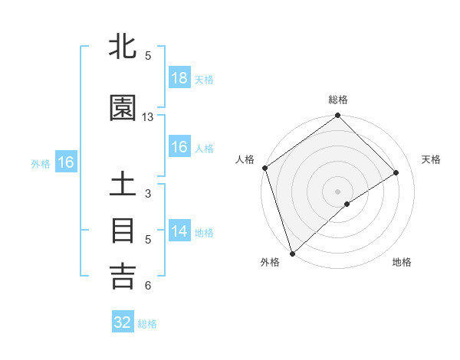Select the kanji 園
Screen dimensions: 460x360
point(123,109)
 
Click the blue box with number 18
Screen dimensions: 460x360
point(179,78)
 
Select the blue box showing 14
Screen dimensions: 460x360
point(179,231)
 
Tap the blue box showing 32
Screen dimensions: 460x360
point(123,322)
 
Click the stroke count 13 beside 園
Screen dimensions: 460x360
point(148,117)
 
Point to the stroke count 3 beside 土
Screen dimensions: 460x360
point(148,194)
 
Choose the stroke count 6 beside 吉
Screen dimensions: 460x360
point(148,286)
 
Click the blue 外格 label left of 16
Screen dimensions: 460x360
point(41,163)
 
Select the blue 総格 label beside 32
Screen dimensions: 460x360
point(147,324)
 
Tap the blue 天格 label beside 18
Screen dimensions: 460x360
point(204,80)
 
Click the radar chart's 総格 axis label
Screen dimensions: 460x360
point(338,100)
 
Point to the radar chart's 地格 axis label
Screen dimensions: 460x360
point(402,263)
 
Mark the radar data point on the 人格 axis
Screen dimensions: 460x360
point(264,168)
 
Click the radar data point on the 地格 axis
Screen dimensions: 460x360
point(347,204)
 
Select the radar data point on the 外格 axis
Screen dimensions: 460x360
point(292,253)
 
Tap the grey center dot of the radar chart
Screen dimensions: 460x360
point(337,191)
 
